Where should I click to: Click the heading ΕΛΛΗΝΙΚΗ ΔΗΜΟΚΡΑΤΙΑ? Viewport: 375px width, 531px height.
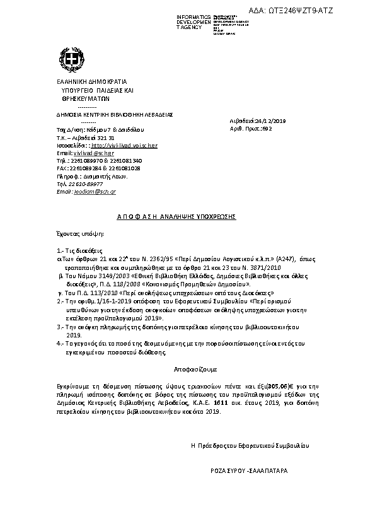(83, 81)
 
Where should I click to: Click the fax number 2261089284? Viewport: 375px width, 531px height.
(84, 168)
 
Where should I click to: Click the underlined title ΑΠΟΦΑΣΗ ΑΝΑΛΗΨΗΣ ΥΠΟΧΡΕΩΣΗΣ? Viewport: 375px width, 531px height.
(176, 216)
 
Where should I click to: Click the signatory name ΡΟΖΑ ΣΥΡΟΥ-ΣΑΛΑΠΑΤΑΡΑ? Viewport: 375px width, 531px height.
(248, 470)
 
